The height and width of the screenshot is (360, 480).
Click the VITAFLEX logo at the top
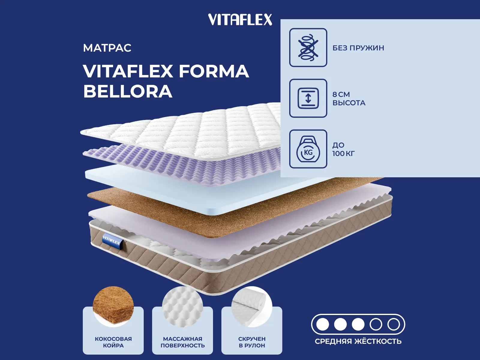240,20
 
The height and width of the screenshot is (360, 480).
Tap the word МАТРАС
107,48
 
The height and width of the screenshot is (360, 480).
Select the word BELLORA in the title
128,91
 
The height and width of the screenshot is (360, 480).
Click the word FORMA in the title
214,71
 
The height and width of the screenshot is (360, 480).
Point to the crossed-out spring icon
308,47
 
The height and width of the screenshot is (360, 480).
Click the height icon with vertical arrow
308,98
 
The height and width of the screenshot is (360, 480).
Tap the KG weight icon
308,149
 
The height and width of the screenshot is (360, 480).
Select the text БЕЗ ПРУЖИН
358,48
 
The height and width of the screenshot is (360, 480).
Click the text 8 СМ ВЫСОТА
349,99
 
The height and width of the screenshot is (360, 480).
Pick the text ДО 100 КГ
343,149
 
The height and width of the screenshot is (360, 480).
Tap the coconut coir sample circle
113,306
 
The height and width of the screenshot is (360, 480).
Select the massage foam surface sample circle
182,306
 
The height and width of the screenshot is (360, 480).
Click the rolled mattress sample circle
252,306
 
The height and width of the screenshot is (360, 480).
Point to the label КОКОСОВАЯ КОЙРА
113,342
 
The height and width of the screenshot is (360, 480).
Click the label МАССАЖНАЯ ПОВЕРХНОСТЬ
183,342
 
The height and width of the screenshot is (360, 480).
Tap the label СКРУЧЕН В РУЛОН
252,342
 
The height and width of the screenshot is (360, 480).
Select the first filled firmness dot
322,324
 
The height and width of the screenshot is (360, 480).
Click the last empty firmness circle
393,324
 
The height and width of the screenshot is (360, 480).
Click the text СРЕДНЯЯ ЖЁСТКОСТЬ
358,341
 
